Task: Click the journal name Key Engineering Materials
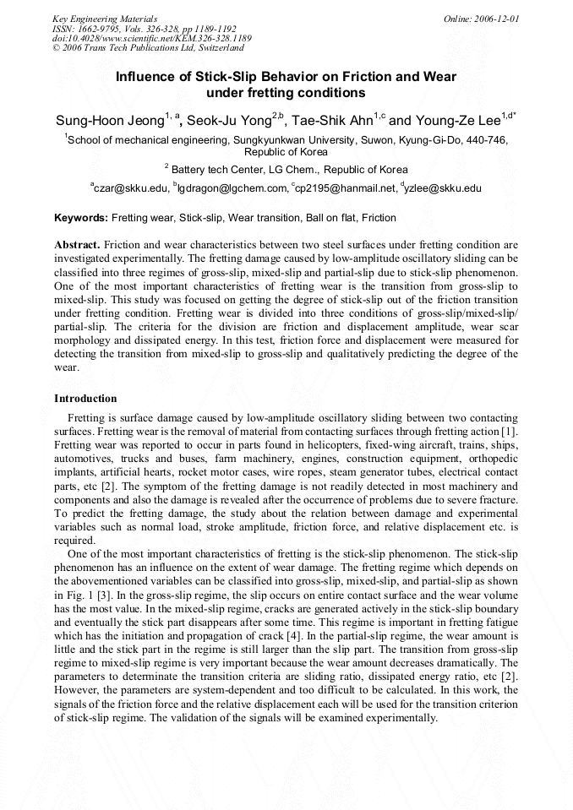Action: click(x=105, y=19)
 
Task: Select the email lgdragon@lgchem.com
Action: click(x=232, y=188)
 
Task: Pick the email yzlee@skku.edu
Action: click(x=443, y=188)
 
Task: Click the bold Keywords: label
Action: click(x=81, y=218)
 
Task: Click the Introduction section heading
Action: click(x=85, y=399)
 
